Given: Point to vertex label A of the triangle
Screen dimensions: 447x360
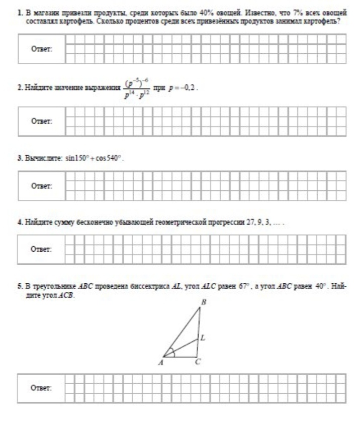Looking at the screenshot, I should (161, 364).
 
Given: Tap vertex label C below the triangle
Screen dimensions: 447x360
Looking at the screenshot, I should (198, 364).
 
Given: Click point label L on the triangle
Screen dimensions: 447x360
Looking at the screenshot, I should (203, 338).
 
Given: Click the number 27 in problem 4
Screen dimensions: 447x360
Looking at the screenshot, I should (244, 221).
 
